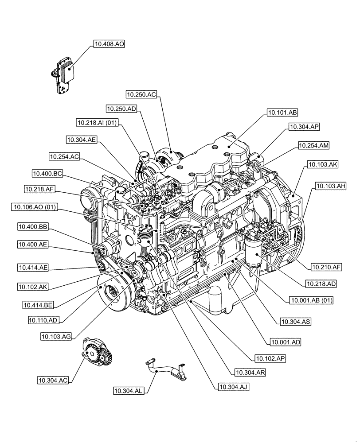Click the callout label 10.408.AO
[x=109, y=44]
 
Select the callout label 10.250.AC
[x=141, y=94]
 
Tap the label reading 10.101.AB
[x=282, y=113]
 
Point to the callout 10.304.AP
[x=304, y=127]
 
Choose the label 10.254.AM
[x=313, y=145]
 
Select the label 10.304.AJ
[x=233, y=387]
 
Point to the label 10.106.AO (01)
[x=35, y=207]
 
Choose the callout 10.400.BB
[x=33, y=227]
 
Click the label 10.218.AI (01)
[x=97, y=123]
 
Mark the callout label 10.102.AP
[x=269, y=358]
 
